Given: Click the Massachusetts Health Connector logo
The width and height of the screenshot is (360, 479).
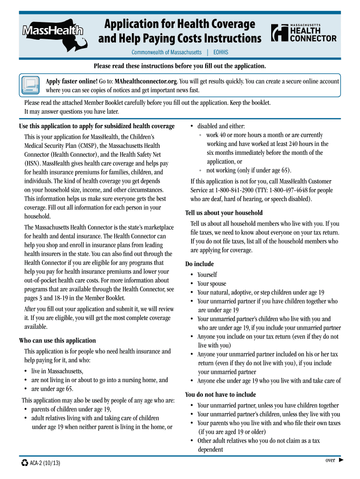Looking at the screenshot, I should click(x=304, y=33).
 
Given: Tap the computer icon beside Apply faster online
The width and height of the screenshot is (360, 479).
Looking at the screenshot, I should click(x=30, y=85).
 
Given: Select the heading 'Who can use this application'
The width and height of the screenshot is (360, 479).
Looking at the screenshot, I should click(x=57, y=341).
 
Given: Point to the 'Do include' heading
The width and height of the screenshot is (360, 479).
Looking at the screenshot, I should click(x=200, y=264).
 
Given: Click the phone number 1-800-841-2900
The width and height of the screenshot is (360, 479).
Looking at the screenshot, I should click(x=235, y=190).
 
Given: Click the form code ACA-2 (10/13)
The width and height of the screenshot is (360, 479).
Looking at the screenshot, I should click(x=45, y=463).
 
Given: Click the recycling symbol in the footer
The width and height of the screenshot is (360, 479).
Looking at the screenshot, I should click(x=25, y=463).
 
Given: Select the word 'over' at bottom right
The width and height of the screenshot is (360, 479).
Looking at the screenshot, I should click(x=330, y=460).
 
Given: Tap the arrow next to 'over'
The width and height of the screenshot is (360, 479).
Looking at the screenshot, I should click(x=341, y=460).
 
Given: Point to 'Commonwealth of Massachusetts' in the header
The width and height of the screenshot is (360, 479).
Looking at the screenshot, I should click(x=166, y=52).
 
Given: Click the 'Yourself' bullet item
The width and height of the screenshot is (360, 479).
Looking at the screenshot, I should click(x=207, y=275).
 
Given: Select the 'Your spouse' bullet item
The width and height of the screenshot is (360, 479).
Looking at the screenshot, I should click(x=211, y=283).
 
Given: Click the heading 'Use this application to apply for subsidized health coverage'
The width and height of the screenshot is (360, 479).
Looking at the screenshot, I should click(x=97, y=126).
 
